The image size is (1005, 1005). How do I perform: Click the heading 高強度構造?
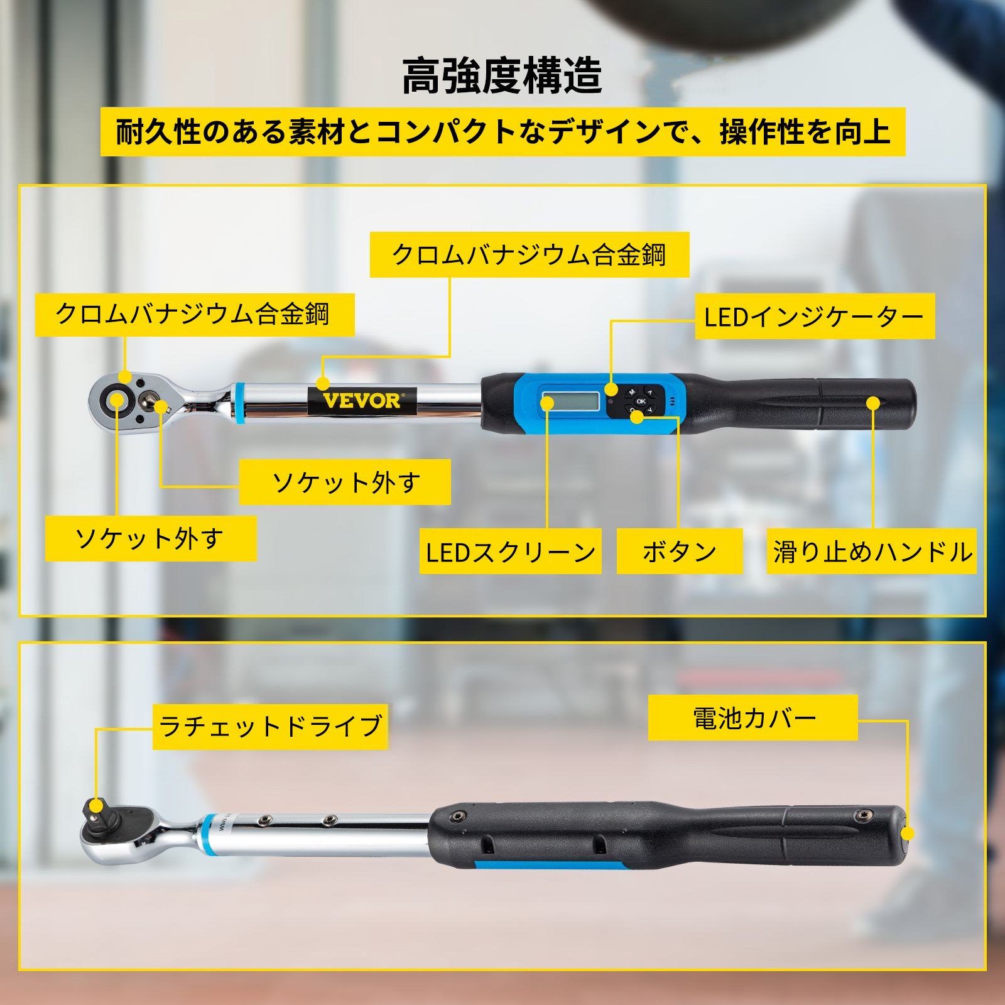502,75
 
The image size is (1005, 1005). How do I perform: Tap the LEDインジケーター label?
815,317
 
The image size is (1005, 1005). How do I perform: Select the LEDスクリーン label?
511,551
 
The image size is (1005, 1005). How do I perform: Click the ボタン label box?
680,551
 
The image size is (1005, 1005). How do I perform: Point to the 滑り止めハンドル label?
872,551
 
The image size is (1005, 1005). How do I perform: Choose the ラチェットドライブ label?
270,726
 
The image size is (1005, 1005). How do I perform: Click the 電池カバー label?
753,717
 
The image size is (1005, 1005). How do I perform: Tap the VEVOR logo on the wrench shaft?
362,400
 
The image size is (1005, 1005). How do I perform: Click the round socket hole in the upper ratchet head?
117,398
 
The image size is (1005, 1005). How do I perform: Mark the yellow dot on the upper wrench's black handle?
873,403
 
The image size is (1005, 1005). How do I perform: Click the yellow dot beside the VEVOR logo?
323,383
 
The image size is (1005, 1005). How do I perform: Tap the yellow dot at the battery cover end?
907,834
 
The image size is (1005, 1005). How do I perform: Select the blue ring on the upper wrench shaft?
239,403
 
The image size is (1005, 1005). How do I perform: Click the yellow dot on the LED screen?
548,403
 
